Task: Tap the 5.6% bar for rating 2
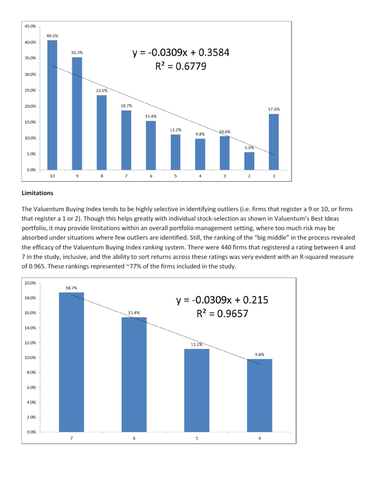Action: [249, 161]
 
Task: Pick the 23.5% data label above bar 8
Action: [102, 91]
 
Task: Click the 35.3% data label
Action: [77, 53]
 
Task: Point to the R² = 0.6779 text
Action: [181, 66]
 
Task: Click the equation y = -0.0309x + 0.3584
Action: [181, 52]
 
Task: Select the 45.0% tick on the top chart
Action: [30, 26]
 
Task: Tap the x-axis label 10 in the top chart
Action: [52, 176]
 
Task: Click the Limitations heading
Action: [37, 193]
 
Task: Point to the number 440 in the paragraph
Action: [226, 247]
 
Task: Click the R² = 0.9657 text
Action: [222, 314]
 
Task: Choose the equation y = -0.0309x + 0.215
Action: [222, 300]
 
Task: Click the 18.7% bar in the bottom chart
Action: [71, 362]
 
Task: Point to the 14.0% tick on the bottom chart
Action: [30, 328]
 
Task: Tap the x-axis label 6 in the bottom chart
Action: [134, 438]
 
